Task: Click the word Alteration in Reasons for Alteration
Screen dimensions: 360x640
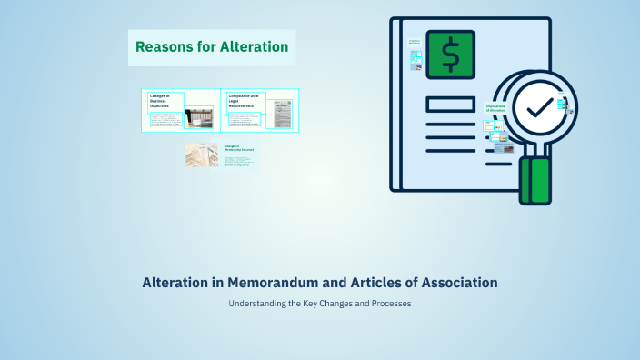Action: pos(254,46)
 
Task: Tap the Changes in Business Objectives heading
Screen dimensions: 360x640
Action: pos(160,101)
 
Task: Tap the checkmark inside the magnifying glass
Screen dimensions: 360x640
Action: pos(538,107)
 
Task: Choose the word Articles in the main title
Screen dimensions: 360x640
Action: pos(367,283)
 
